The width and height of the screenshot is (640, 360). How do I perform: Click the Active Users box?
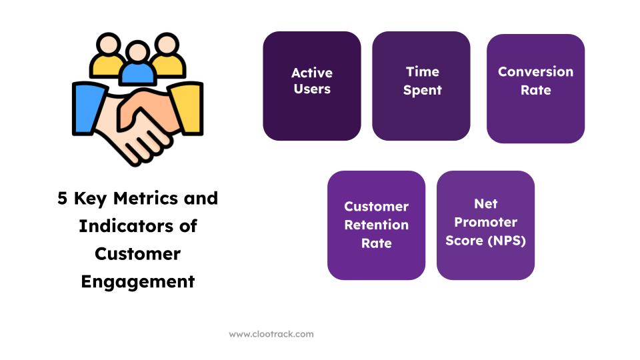(312, 86)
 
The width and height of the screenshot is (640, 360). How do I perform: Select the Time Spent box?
(421, 86)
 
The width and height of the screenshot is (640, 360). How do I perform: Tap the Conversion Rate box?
(535, 89)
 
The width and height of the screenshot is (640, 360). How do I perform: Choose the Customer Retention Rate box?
(376, 225)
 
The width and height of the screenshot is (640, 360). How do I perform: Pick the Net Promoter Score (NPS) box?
(486, 225)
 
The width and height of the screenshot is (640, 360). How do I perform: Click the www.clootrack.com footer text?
(271, 334)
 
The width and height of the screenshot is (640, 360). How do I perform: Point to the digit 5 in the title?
(62, 199)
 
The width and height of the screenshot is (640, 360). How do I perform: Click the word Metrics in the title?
(146, 199)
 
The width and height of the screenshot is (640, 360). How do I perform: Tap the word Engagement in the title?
(138, 282)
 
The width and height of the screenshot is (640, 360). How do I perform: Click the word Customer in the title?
(138, 254)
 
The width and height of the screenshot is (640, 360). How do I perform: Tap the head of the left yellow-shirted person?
(108, 44)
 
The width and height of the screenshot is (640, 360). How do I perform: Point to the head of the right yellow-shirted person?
(167, 44)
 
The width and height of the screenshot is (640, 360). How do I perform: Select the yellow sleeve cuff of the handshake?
(187, 108)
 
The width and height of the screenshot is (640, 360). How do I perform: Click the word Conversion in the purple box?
(535, 72)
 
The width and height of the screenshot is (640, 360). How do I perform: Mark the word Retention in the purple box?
(376, 225)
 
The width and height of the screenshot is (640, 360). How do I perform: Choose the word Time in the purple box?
(423, 72)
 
